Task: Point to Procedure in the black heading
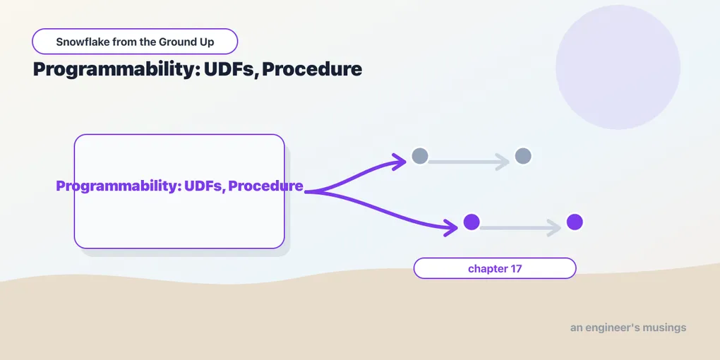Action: (312, 69)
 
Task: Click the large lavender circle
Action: (618, 67)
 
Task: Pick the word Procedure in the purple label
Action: (266, 186)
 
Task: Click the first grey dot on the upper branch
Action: (420, 156)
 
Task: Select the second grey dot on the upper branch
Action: (523, 156)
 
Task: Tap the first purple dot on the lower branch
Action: (472, 222)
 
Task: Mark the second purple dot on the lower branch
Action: (575, 222)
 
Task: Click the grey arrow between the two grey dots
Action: (469, 162)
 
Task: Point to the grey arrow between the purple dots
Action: (520, 228)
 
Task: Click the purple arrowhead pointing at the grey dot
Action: (400, 161)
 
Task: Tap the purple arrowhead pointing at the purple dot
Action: (451, 227)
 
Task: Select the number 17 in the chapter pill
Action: (516, 269)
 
